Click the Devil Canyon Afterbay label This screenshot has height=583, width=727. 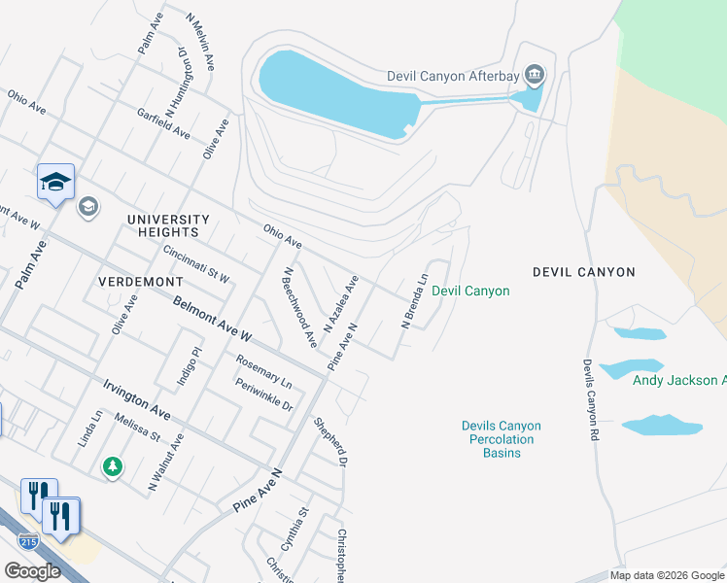[452, 76]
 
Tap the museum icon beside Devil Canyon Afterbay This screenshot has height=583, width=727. [534, 75]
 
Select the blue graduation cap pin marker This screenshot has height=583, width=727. [55, 181]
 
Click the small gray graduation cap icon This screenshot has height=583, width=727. [88, 205]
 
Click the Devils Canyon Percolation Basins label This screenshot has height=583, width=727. [501, 439]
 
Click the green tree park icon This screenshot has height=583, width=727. [114, 467]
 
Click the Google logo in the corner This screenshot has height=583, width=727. [32, 571]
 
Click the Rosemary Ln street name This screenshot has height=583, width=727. [263, 371]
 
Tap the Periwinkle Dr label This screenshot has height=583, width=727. [264, 394]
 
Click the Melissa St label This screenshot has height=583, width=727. [136, 428]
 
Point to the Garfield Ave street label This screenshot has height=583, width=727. [163, 123]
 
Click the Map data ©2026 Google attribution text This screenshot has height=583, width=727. [668, 575]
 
